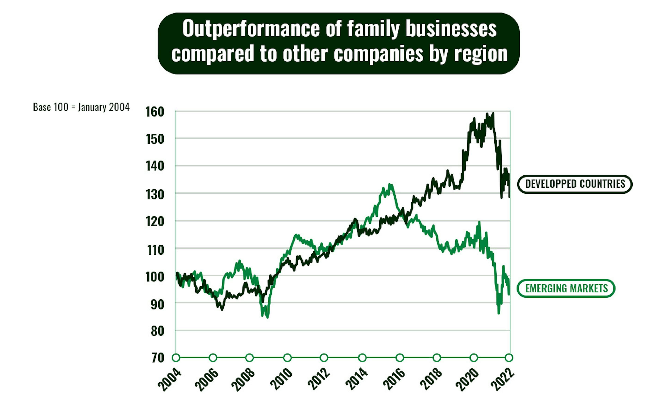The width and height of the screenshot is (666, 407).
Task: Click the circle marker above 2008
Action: point(249,358)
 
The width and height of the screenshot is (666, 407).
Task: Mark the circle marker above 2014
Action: point(362,358)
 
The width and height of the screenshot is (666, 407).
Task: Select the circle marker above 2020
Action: point(473,358)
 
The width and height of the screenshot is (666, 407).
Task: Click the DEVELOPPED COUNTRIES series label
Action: point(575,184)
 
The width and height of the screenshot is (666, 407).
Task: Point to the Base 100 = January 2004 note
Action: point(81,107)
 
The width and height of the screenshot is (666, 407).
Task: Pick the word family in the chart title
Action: point(373,29)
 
